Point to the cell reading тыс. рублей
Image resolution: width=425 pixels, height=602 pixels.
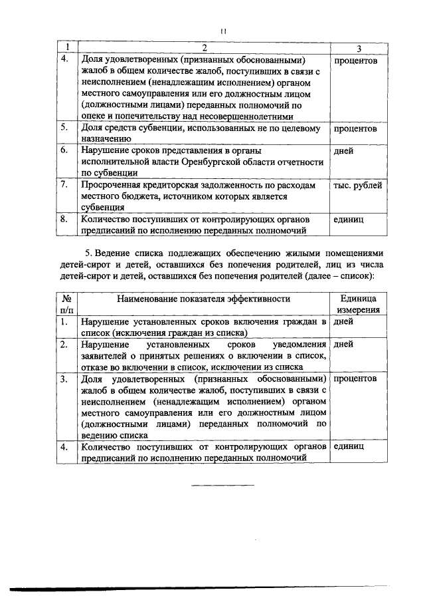(x=357, y=186)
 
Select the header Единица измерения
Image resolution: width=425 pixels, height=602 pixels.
(x=358, y=304)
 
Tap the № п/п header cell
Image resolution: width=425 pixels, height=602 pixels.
(x=66, y=304)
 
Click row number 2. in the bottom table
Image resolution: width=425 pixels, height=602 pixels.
(x=64, y=345)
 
